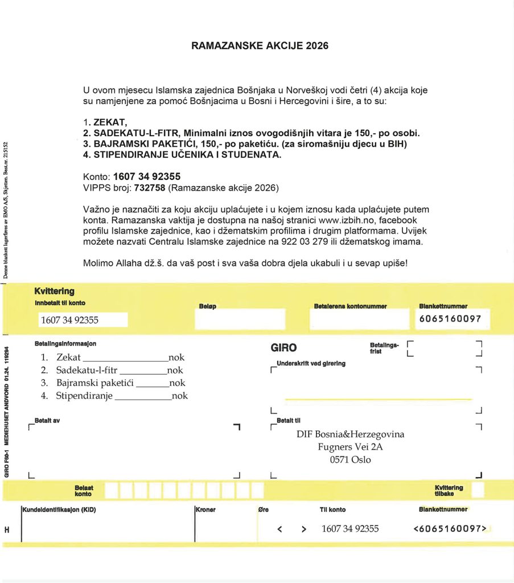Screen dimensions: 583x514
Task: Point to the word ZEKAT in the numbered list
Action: point(110,122)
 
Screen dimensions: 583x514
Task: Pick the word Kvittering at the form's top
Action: point(54,291)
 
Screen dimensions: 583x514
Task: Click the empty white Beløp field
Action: point(240,319)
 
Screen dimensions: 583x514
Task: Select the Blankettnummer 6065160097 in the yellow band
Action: point(450,319)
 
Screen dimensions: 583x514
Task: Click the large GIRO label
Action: point(283,348)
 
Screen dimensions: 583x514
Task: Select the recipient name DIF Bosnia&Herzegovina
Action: point(350,434)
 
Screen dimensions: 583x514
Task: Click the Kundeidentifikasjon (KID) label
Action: point(59,510)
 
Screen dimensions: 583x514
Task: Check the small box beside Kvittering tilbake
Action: point(478,490)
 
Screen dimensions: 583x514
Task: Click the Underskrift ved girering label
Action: point(311,363)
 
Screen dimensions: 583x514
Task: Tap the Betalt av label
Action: point(47,420)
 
